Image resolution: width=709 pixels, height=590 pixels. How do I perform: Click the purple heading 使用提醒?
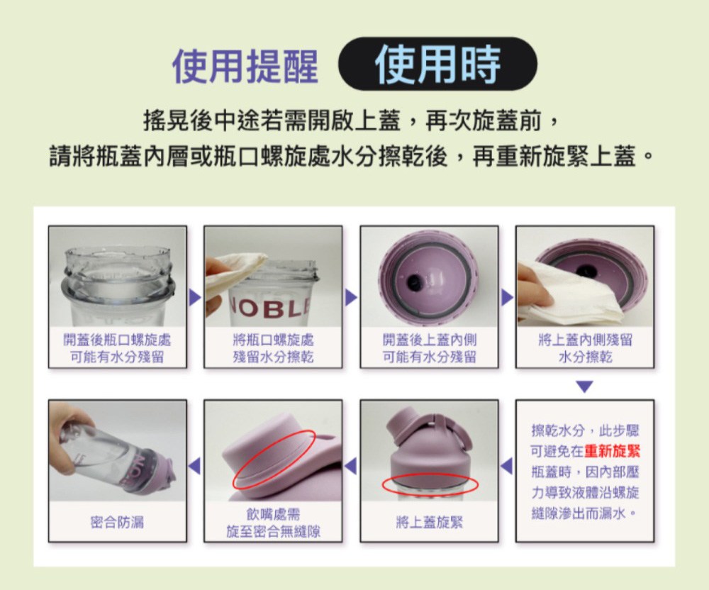tap(245, 66)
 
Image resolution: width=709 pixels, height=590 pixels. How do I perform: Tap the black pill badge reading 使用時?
tap(437, 64)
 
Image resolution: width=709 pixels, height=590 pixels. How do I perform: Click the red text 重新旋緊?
tap(613, 451)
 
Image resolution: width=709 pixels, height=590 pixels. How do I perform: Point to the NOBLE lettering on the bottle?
tap(271, 308)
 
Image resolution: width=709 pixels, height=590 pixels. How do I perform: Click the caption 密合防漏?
tap(117, 522)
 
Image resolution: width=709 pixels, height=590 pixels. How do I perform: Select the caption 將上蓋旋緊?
tap(429, 523)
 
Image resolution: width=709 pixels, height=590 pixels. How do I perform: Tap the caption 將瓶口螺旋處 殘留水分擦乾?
tap(273, 349)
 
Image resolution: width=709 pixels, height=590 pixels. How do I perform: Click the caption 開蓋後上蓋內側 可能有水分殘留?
tap(429, 349)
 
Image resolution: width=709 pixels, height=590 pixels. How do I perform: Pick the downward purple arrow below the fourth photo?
tap(585, 386)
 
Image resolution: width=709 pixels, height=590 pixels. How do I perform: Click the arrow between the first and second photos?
tap(195, 297)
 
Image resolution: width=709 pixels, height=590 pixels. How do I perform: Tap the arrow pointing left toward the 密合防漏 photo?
tap(194, 466)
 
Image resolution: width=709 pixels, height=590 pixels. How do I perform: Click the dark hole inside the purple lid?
tap(415, 282)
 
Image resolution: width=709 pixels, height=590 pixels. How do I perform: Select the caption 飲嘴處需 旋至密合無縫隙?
tap(273, 523)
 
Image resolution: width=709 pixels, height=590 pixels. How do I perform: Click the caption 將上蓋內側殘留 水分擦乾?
tap(585, 349)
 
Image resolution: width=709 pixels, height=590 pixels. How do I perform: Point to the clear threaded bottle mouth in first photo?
tap(118, 276)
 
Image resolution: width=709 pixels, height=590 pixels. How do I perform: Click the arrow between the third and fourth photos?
tap(508, 297)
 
